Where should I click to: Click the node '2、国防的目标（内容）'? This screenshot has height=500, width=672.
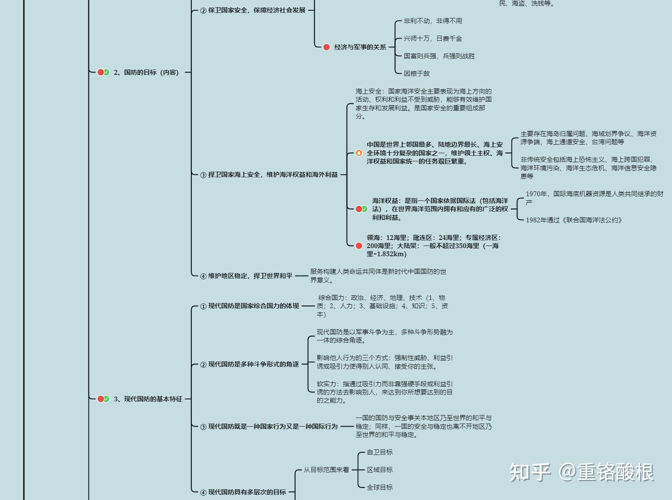146,73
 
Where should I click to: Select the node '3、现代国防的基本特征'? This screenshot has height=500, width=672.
148,399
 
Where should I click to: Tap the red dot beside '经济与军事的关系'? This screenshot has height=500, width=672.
327,47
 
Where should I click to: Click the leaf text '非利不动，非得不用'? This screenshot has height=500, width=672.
433,21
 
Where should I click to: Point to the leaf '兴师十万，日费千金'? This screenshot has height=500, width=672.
433,39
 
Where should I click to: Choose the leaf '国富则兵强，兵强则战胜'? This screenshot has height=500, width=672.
439,56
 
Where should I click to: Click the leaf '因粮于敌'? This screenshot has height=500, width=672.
416,74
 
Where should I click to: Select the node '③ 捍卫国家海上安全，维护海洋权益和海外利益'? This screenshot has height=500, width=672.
269,175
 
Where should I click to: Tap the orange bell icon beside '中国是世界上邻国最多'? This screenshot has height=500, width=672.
359,153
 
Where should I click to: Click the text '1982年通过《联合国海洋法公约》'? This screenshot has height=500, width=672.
574,220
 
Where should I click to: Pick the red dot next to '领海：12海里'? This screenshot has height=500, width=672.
359,245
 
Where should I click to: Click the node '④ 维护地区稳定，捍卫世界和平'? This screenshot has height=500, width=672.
246,276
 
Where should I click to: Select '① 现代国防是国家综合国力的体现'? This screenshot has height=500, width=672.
249,306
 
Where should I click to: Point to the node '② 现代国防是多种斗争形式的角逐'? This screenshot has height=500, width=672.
249,364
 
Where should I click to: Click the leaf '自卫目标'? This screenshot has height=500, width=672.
380,452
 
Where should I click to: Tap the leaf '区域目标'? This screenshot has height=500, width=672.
380,470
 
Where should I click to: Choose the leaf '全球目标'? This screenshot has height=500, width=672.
380,488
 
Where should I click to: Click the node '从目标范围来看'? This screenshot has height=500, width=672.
326,470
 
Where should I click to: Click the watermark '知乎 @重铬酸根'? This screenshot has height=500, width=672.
581,472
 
